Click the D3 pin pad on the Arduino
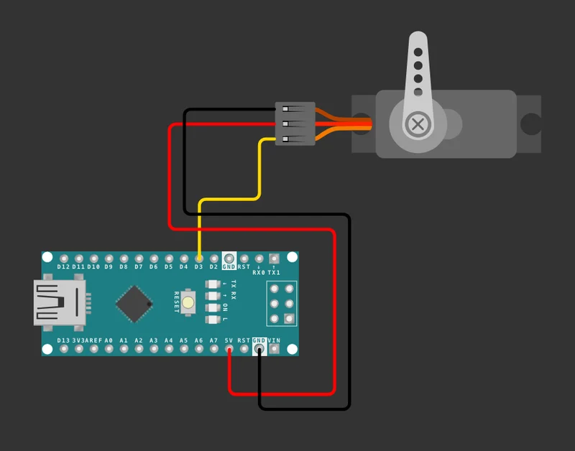199,259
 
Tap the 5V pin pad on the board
229,349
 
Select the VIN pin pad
274,349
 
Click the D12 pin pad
64,259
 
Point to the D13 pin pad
64,349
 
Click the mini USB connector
60,302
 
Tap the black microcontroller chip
134,304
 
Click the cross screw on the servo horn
418,124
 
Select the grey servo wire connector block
295,124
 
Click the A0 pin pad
109,349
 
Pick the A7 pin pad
213,349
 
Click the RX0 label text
259,273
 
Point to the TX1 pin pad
274,259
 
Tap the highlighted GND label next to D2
229,266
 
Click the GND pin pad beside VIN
259,349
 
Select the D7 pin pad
139,259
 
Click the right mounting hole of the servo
531,124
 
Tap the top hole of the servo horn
418,52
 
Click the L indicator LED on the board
213,320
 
